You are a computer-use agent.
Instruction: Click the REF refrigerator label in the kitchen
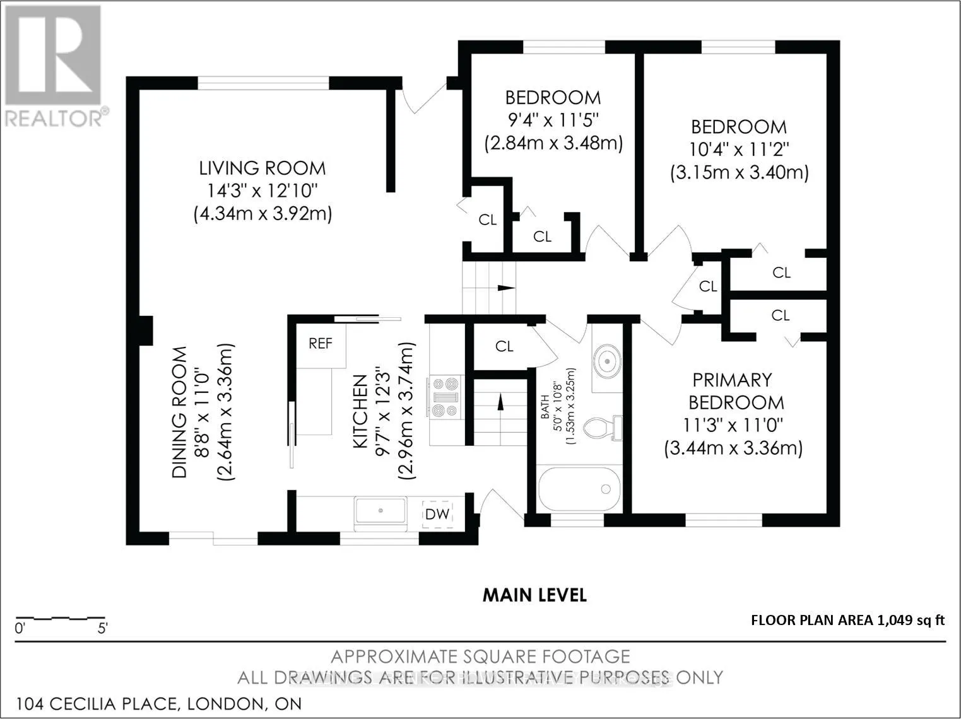coord(321,344)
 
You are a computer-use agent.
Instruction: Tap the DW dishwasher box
coord(437,514)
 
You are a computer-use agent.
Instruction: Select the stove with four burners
coord(445,397)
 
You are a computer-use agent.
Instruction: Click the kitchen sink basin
coord(380,510)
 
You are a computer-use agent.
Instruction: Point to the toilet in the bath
coord(603,428)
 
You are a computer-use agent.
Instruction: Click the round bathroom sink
coord(607,361)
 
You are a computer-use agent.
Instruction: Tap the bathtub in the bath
coord(580,488)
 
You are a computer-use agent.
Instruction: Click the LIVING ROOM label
coord(262,168)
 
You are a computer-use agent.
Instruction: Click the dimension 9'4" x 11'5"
coord(553,119)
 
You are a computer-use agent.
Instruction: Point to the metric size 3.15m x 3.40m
coord(740,172)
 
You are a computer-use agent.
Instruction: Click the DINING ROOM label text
coord(179,412)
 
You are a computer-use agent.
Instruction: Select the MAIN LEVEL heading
coord(534,595)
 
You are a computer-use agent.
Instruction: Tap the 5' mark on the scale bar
coord(102,629)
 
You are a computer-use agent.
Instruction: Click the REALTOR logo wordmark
coord(54,118)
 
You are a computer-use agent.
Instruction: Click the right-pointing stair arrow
coord(507,288)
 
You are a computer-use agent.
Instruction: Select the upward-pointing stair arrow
coord(500,401)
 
